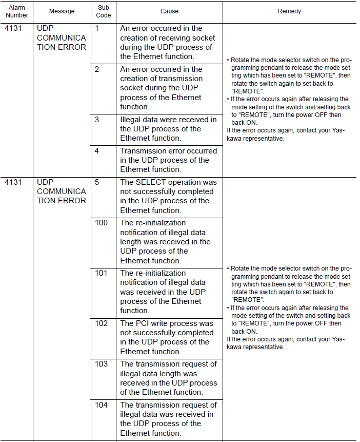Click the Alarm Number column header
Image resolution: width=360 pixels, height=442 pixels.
[17, 11]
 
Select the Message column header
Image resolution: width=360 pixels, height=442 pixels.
[62, 11]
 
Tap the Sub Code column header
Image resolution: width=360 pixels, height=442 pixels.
[104, 11]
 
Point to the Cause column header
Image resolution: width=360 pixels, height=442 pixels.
[169, 11]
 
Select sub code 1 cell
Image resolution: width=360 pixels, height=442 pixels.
[97, 28]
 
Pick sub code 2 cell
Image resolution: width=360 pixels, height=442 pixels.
[97, 69]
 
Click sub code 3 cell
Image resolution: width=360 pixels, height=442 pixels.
[97, 120]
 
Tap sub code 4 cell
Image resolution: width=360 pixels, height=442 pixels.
[97, 151]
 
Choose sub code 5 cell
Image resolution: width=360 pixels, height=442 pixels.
[97, 182]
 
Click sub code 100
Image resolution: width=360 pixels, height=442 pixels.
[101, 223]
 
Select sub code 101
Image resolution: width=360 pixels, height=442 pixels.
[101, 273]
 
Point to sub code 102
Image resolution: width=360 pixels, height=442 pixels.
[101, 323]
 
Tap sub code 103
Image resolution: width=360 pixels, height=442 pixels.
[101, 364]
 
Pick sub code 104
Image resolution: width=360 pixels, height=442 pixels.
[101, 405]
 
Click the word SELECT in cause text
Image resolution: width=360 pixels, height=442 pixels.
[152, 182]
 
